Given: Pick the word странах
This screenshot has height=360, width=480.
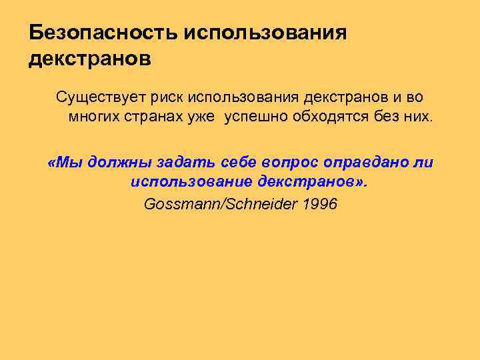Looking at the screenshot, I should (x=145, y=117).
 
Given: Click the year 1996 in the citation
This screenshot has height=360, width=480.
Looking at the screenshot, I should (x=320, y=204).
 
